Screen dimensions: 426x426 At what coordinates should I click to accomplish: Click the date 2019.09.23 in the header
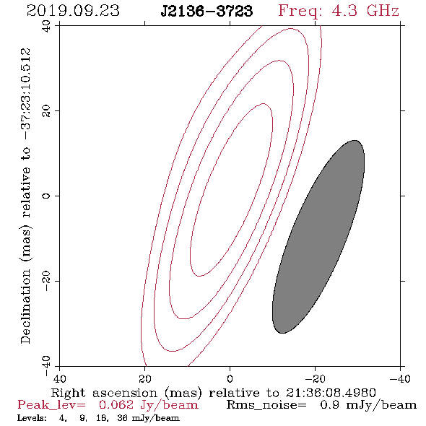[x=73, y=11]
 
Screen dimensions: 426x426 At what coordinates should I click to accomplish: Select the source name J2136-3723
[x=207, y=12]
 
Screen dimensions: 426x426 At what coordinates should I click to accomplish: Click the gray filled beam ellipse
[x=318, y=237]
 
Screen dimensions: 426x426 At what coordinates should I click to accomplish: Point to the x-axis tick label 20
[x=145, y=378]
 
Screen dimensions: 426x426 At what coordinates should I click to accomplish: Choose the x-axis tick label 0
[x=230, y=378]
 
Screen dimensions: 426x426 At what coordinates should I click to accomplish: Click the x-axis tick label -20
[x=315, y=378]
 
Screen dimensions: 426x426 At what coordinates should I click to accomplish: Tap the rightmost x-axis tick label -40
[x=400, y=378]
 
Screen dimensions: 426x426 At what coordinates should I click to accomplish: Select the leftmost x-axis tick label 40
[x=59, y=378]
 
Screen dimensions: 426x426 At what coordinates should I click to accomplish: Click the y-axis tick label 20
[x=46, y=111]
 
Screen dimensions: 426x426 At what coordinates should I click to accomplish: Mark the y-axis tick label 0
[x=46, y=196]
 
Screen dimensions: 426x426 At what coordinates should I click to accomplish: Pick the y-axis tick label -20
[x=46, y=281]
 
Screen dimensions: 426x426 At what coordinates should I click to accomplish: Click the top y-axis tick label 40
[x=46, y=26]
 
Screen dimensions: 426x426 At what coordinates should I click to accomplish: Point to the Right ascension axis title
[x=213, y=393]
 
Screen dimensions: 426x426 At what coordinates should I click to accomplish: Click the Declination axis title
[x=25, y=196]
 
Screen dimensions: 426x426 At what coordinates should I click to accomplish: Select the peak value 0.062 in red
[x=116, y=405]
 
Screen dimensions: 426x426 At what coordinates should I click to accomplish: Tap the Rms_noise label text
[x=266, y=405]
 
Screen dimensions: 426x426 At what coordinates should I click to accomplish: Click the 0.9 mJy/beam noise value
[x=368, y=405]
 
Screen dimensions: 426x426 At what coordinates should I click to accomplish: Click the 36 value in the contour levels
[x=122, y=418]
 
